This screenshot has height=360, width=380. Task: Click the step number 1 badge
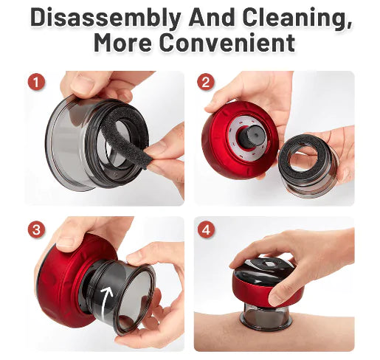(x=36, y=82)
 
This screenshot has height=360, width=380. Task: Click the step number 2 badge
(x=206, y=82)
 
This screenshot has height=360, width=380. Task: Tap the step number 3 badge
(x=36, y=229)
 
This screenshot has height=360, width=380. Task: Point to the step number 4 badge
(x=206, y=229)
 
